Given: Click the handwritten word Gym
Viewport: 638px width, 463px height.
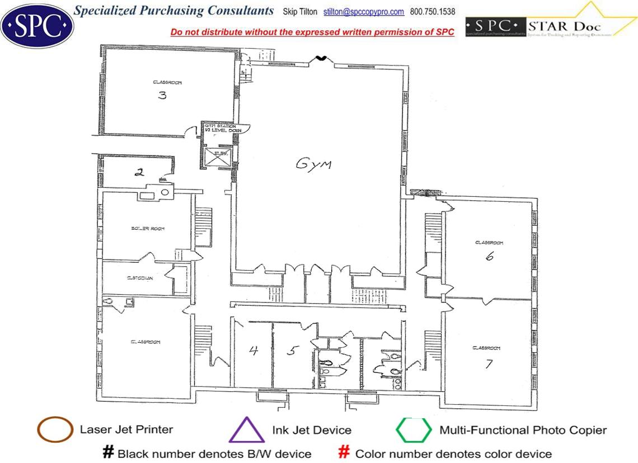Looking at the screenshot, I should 313,164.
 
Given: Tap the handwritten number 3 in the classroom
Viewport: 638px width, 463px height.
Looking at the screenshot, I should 162,95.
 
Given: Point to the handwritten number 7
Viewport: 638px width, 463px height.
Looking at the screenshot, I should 489,363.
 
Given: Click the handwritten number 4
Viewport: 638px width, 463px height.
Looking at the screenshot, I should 254,351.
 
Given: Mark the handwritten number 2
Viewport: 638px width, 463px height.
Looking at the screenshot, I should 139,172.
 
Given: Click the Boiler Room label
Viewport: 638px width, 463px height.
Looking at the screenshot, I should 147,229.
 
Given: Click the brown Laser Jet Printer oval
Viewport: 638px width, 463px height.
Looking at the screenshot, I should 55,430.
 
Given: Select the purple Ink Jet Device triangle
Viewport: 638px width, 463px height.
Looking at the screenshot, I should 246,431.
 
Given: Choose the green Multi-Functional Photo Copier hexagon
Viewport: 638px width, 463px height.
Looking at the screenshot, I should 414,430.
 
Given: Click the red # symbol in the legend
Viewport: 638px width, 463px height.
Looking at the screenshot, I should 345,452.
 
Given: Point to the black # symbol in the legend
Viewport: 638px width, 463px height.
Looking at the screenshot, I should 108,452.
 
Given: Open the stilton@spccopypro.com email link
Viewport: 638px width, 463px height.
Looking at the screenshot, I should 364,12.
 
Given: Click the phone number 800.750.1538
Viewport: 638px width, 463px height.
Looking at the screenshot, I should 433,12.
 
